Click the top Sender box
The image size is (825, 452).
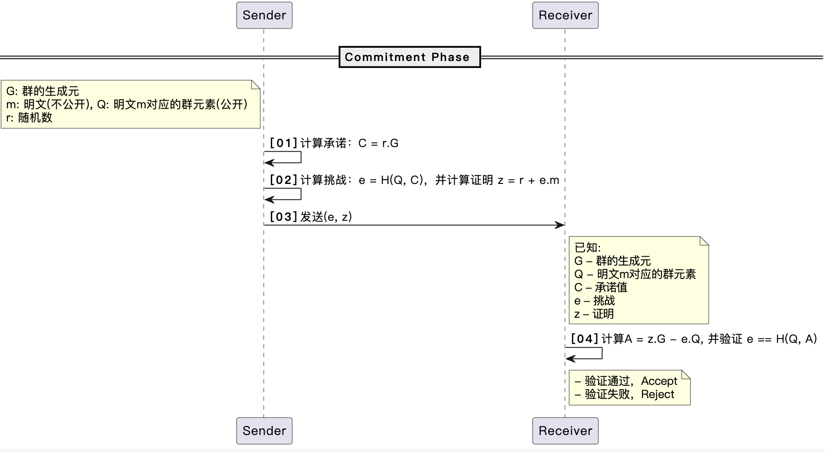pyautogui.click(x=264, y=15)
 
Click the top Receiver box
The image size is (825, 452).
pyautogui.click(x=565, y=15)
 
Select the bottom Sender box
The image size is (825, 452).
pyautogui.click(x=264, y=431)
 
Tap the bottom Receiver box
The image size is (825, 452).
pyautogui.click(x=565, y=431)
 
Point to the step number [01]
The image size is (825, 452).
pyautogui.click(x=284, y=143)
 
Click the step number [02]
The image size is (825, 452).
pyautogui.click(x=284, y=180)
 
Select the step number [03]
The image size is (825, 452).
pyautogui.click(x=284, y=217)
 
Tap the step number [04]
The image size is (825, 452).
pyautogui.click(x=584, y=339)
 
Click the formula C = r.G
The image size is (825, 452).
pyautogui.click(x=378, y=143)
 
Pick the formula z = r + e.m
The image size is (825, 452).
pyautogui.click(x=528, y=180)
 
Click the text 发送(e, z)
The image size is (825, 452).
pyautogui.click(x=326, y=217)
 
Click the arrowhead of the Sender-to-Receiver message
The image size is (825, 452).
pyautogui.click(x=560, y=225)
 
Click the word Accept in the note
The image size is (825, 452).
pyautogui.click(x=659, y=381)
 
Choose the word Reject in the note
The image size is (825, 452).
pyautogui.click(x=657, y=394)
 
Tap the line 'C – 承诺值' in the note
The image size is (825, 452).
pyautogui.click(x=601, y=287)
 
